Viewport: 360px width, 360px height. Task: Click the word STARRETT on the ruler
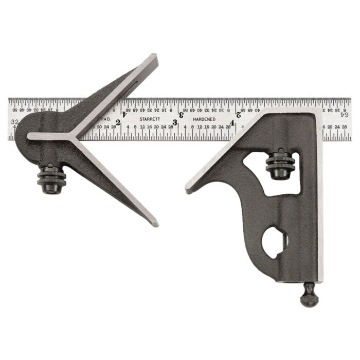pyautogui.click(x=149, y=119)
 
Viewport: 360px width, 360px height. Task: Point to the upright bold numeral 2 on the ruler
pyautogui.click(x=118, y=122)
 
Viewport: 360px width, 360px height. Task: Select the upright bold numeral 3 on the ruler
pyautogui.click(x=175, y=122)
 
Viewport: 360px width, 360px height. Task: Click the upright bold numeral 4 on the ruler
pyautogui.click(x=232, y=122)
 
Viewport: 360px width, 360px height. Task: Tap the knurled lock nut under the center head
pyautogui.click(x=51, y=178)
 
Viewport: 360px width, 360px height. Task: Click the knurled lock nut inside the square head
pyautogui.click(x=281, y=164)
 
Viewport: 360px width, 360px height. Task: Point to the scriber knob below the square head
pyautogui.click(x=309, y=297)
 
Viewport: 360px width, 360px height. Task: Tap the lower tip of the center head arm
pyautogui.click(x=154, y=223)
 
